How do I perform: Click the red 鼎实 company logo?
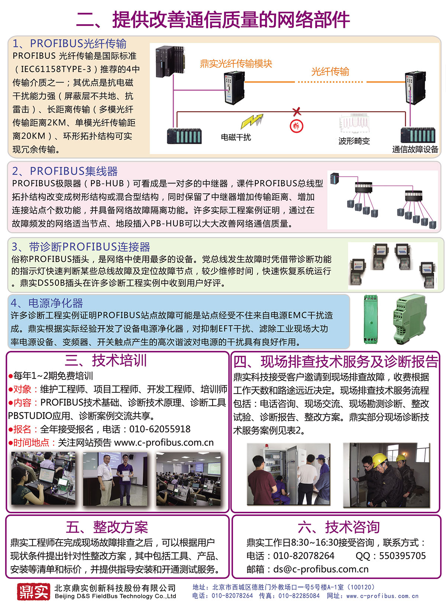point(33,591)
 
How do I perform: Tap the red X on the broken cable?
point(297,111)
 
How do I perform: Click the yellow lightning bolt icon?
point(252,121)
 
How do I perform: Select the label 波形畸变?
point(354,141)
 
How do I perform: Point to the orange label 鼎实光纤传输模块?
point(236,64)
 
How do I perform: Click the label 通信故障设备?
point(415,149)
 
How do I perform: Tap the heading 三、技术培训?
point(106,360)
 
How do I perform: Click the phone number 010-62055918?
point(159,429)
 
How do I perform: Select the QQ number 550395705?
point(402,556)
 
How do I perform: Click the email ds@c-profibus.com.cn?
point(321,569)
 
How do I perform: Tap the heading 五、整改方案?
point(107,527)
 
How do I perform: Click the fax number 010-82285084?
point(299,596)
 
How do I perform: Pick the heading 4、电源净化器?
point(47,303)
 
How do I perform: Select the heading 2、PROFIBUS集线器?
point(65,171)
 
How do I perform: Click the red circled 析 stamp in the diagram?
point(296,126)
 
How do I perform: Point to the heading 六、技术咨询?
point(339,527)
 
